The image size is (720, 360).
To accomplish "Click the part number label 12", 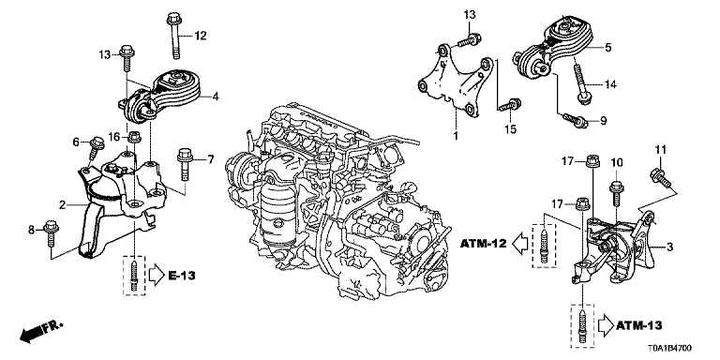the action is tap(201, 36).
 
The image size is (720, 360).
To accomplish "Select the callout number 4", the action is tap(215, 97).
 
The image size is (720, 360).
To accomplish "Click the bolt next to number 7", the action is tap(184, 165).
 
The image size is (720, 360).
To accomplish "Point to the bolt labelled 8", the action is tap(50, 233).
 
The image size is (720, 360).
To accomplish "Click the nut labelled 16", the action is tap(135, 137).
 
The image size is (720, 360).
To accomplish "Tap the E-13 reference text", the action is tap(181, 276).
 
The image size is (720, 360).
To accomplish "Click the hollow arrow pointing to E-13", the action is tap(157, 276).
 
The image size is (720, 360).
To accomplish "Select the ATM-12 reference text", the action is tap(483, 244).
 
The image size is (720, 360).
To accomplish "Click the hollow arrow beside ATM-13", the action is tap(605, 325).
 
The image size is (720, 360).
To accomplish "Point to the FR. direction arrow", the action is tap(41, 332).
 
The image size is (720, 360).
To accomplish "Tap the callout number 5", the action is tap(607, 47).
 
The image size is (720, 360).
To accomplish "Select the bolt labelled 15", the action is tap(509, 105).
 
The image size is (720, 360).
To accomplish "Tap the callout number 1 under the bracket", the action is tap(456, 135).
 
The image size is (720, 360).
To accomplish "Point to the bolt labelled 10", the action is tap(616, 195).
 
